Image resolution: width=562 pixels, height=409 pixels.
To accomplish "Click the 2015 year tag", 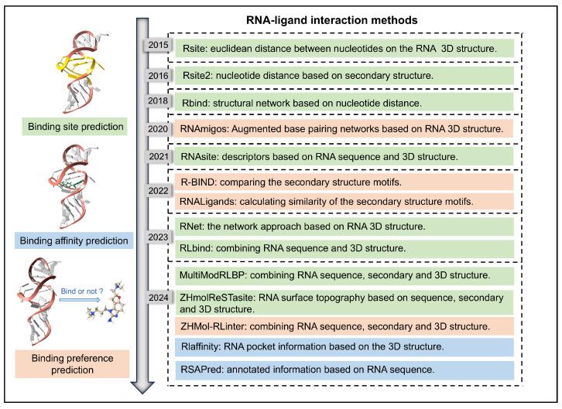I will (158, 46).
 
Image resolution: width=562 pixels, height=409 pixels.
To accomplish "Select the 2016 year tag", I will (158, 75).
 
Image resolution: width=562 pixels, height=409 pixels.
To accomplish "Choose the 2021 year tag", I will (158, 156).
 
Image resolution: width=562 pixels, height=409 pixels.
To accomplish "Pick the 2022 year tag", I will (158, 189).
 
